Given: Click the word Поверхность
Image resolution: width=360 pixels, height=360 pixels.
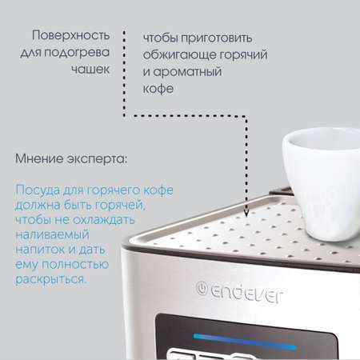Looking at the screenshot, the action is (70, 35).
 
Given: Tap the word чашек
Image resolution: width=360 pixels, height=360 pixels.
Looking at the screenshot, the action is (90, 70).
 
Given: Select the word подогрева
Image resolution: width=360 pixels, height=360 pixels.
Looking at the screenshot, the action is (77, 53).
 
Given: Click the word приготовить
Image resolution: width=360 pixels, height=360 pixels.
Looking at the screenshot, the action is (216, 38).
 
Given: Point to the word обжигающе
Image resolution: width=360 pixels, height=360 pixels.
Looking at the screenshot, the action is (179, 55).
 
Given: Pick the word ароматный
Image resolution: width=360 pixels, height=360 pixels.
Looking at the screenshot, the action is (187, 72).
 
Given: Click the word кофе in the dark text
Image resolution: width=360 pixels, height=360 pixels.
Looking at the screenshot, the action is (158, 89).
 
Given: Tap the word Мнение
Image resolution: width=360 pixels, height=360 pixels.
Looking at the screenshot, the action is (39, 159).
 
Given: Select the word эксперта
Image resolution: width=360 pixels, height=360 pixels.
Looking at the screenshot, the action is (97, 159).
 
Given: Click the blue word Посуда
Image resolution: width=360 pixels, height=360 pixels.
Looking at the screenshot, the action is (38, 190).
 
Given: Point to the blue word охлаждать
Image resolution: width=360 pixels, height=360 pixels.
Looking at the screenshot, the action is (104, 220).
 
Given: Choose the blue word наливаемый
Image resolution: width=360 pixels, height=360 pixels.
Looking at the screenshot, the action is (52, 235).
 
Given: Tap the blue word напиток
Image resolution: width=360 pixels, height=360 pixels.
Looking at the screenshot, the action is (40, 250).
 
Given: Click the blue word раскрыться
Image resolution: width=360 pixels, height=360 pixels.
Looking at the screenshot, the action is (50, 280).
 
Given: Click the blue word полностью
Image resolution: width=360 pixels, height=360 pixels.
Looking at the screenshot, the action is (75, 265).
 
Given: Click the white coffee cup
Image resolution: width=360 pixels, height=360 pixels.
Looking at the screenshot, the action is (322, 183).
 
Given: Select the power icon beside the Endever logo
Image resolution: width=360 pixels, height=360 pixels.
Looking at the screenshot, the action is (202, 288).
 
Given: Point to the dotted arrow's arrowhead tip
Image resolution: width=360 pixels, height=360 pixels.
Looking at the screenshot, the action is (246, 217).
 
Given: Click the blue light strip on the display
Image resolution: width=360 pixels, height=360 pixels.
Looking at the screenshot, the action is (246, 342).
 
